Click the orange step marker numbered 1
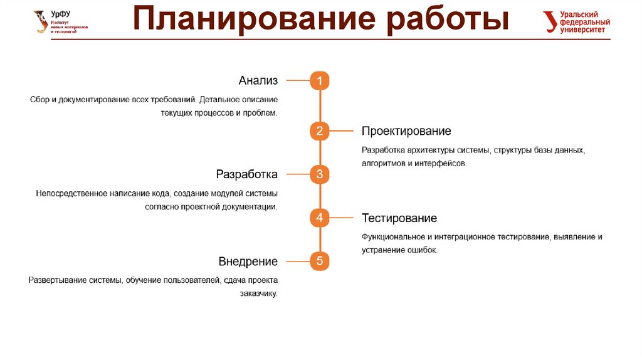(319, 81)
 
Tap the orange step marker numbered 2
(319, 131)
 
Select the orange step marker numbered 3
(319, 174)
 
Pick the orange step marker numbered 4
(319, 218)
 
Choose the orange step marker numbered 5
(319, 262)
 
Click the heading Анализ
(258, 81)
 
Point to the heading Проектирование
(406, 131)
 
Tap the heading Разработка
(246, 174)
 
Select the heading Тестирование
(399, 218)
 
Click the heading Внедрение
(248, 262)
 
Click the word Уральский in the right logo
(579, 14)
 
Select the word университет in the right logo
(582, 29)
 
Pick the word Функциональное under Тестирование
(393, 237)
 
